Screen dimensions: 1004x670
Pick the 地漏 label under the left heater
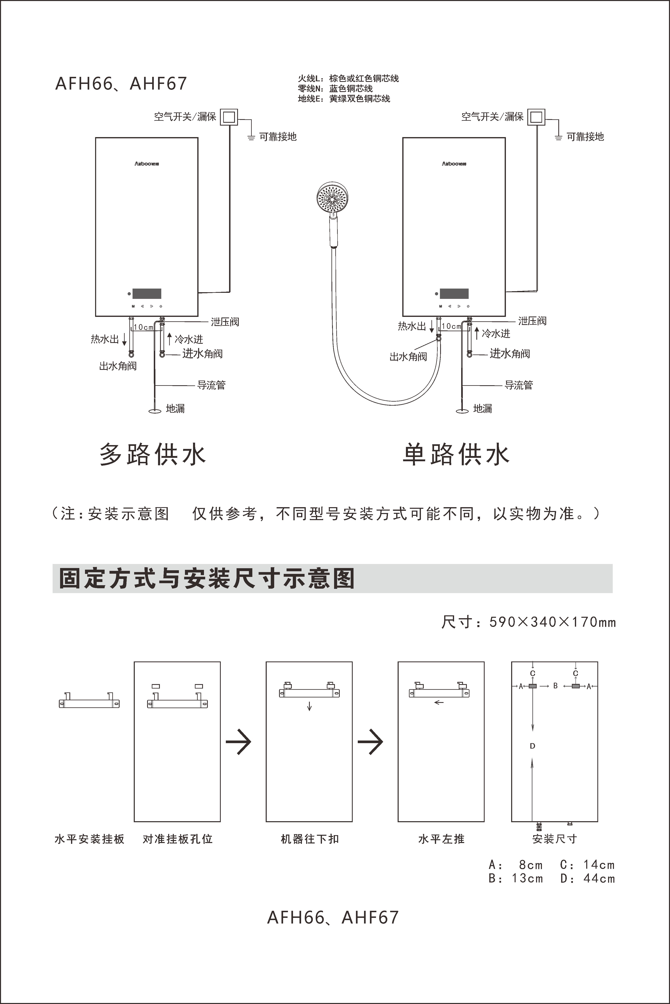tap(175, 408)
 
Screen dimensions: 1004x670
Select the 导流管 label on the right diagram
tap(519, 385)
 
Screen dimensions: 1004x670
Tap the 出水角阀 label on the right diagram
tap(408, 357)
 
